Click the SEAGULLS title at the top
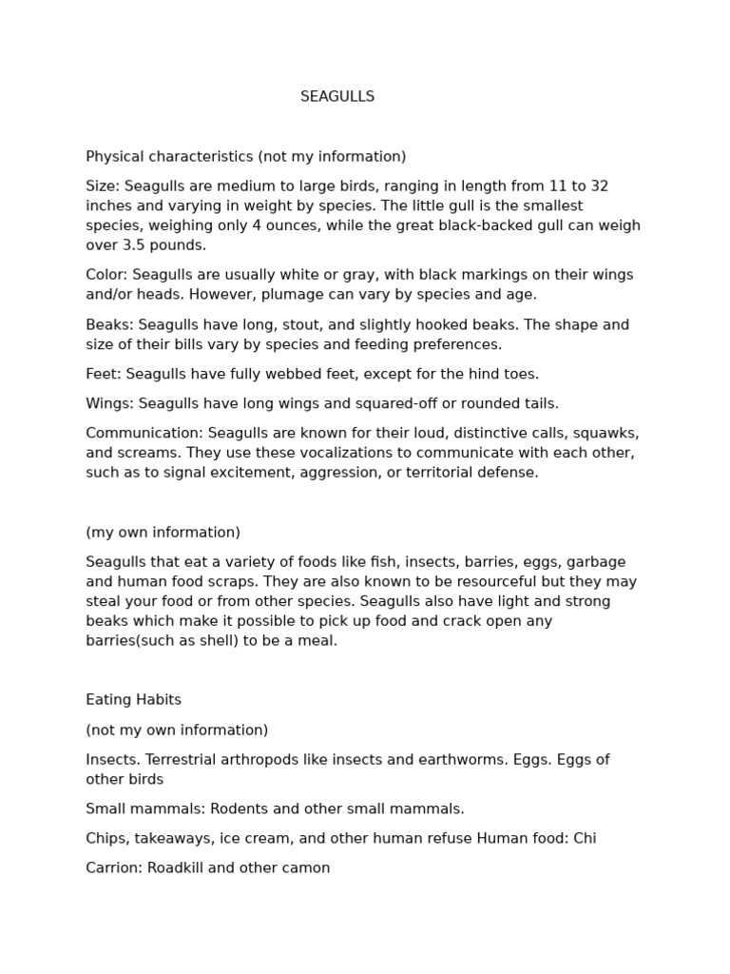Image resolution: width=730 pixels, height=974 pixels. (x=337, y=97)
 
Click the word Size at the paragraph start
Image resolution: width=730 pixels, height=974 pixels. (x=101, y=186)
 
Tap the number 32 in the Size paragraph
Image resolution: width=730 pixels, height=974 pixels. (x=599, y=186)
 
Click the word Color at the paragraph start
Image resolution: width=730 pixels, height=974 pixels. (x=104, y=275)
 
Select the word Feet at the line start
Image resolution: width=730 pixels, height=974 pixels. (x=102, y=375)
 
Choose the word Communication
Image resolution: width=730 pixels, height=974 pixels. (x=142, y=434)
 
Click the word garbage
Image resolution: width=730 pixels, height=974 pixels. (x=596, y=562)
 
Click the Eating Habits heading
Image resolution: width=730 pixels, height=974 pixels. (x=133, y=700)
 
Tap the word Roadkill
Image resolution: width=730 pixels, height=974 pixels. (x=177, y=868)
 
